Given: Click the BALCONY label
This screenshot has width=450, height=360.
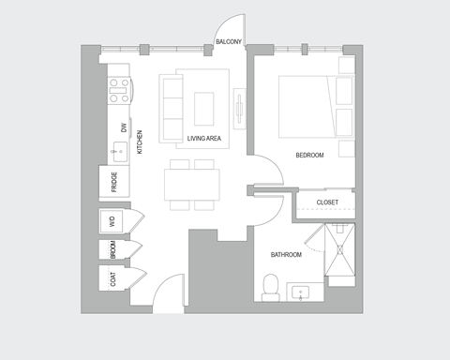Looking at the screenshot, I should point(229,42).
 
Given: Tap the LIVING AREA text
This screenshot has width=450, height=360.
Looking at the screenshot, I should point(203,139).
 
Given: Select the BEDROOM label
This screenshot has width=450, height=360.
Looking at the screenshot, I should point(309,156).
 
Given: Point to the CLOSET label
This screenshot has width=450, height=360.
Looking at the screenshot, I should point(327,202).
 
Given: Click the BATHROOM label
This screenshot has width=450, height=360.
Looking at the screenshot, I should point(286,254).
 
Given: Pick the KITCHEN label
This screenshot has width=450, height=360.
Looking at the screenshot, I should point(141,142).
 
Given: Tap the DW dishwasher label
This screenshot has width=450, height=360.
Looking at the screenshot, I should point(123,127).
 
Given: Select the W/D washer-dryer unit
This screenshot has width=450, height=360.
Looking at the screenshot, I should point(113,222).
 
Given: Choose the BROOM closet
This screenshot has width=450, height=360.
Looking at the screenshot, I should point(113,250).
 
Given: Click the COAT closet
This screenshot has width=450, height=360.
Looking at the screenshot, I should point(113,278).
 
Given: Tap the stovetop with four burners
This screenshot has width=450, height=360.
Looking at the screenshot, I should point(120,89).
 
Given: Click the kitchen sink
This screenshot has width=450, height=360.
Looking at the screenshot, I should point(119,149).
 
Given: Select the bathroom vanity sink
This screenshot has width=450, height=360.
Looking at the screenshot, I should point(301,292).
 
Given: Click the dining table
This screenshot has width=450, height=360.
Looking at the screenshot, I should point(191,184).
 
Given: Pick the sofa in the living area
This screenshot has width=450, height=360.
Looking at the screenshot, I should point(172,108).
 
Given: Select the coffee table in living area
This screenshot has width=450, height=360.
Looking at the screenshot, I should point(205,108).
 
